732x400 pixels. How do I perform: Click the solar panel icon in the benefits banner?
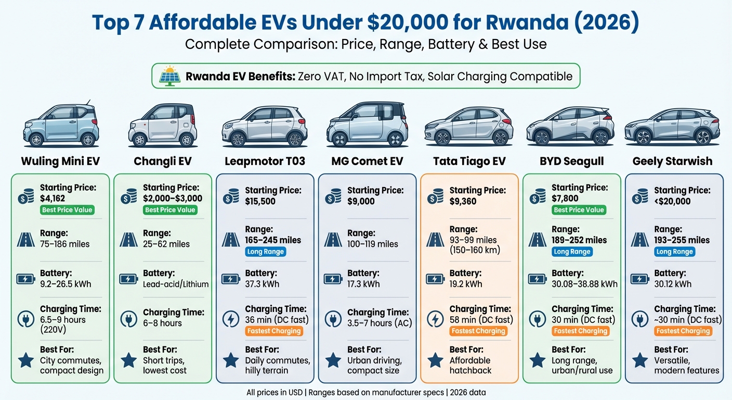(169, 76)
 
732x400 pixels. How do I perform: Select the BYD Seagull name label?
(571, 161)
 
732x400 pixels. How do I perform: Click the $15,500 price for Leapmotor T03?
(260, 201)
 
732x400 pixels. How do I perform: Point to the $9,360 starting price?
(463, 201)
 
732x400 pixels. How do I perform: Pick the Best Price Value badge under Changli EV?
(170, 210)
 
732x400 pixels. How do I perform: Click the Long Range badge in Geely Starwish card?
(674, 252)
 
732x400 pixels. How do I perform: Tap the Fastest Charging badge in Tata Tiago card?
(478, 331)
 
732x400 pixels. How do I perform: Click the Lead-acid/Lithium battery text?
(176, 284)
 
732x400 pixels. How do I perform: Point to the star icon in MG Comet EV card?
(333, 360)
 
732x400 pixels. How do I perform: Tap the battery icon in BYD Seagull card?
(537, 279)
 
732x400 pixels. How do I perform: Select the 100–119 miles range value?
(372, 244)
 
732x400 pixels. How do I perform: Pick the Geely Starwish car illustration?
(672, 126)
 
